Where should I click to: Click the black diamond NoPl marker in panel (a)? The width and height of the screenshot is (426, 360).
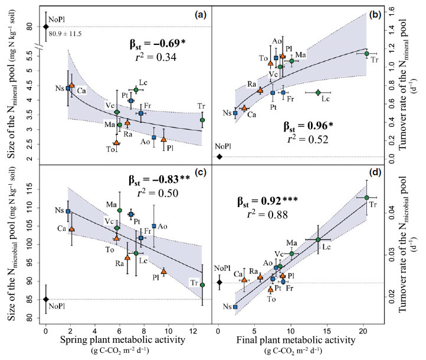[x=46, y=27]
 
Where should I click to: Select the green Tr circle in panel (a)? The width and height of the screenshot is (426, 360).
[x=202, y=120]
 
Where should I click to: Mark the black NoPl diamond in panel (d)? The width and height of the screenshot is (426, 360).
[x=219, y=282]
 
